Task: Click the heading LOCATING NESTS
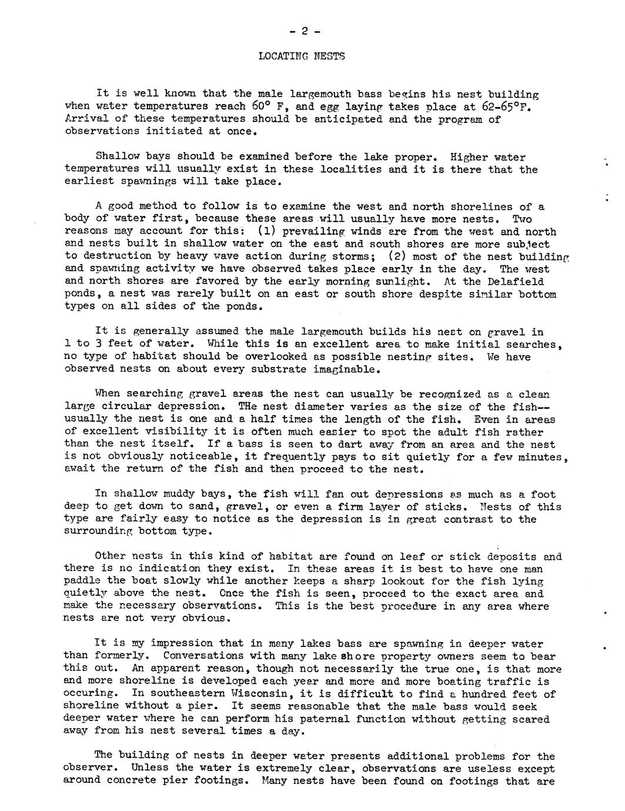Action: (x=301, y=56)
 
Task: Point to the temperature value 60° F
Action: (x=267, y=106)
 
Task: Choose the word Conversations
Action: (x=206, y=656)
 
